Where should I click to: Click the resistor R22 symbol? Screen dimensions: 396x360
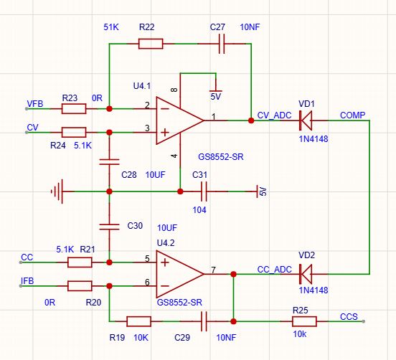coord(151,44)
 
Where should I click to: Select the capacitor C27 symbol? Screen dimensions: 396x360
coord(222,44)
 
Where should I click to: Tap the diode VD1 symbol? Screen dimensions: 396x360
coord(306,120)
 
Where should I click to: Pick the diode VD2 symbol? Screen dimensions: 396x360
coord(306,274)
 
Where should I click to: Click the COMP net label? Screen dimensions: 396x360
coord(352,115)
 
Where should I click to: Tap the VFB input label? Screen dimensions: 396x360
coord(35,104)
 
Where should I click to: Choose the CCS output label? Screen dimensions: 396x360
coord(349,316)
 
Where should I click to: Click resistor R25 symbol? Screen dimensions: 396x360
coord(304,321)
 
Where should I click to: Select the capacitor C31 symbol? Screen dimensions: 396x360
coord(204,191)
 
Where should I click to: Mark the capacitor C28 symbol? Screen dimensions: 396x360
coord(109,162)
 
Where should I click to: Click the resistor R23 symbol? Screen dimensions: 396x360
coord(74,109)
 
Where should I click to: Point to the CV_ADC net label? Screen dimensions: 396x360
coord(274,115)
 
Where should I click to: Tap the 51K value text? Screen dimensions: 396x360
coord(111,27)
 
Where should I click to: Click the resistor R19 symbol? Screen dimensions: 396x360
coord(139,321)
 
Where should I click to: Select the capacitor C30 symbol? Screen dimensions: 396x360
coord(109,227)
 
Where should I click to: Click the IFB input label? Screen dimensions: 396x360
coord(27,280)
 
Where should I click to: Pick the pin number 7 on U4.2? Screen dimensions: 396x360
coord(213,270)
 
